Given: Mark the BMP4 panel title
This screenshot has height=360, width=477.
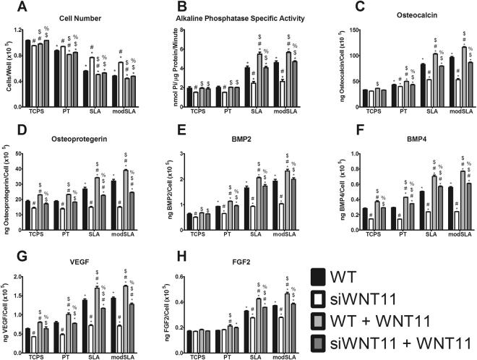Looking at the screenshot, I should click(409, 135).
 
